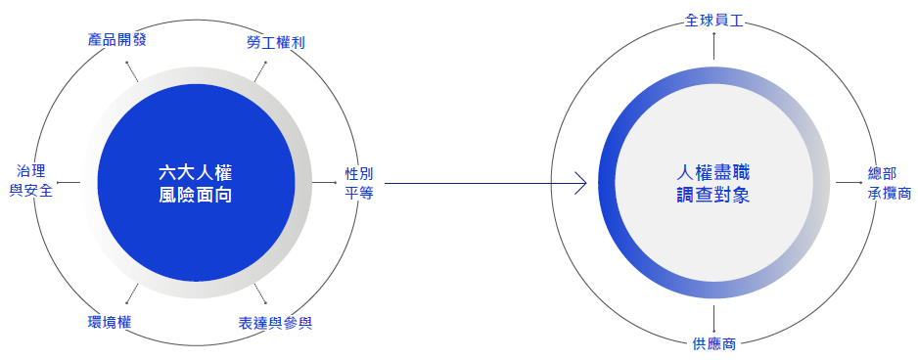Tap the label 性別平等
(359, 183)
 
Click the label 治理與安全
(30, 181)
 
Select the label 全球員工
(714, 19)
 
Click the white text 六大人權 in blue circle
(196, 171)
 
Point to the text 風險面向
(196, 195)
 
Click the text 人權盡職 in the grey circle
(714, 171)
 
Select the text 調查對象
(714, 195)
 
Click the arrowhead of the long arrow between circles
(581, 183)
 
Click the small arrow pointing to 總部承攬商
(847, 183)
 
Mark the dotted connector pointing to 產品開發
(131, 70)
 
